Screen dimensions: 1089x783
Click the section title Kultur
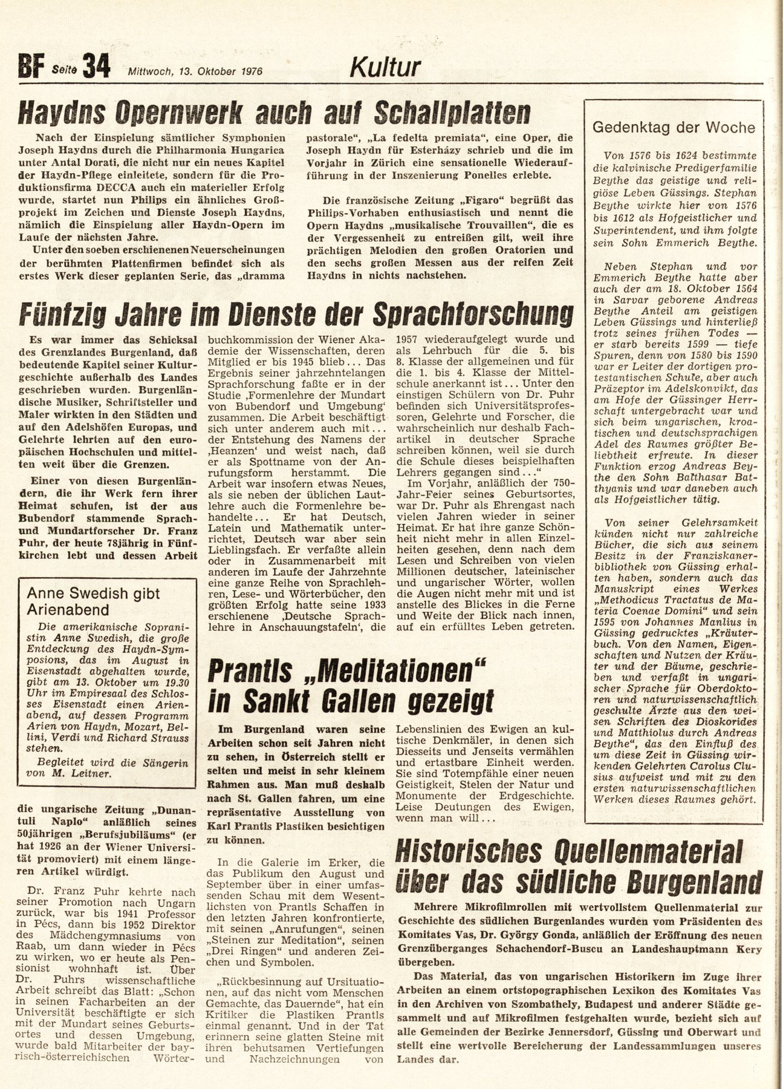[x=385, y=68]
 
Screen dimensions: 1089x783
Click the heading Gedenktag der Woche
[x=674, y=128]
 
